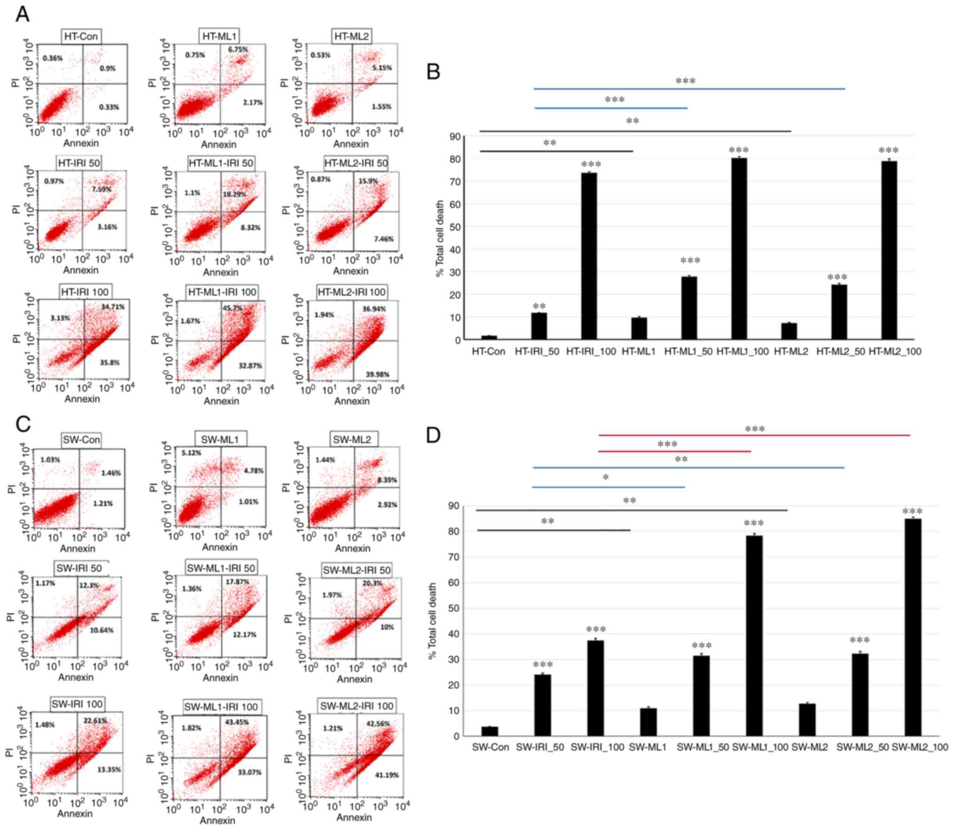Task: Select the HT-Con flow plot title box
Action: tap(81, 36)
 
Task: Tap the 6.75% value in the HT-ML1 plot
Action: tap(238, 49)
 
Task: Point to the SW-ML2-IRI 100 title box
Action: tap(357, 706)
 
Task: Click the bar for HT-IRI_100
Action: tap(589, 256)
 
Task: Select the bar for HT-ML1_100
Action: tap(739, 248)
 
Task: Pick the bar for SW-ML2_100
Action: tap(913, 627)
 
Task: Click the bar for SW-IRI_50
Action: tap(542, 705)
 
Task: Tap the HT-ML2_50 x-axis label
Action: tap(840, 351)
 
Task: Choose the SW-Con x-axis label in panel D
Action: tap(490, 747)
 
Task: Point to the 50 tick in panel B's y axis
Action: tap(454, 227)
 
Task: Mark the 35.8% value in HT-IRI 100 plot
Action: tap(109, 363)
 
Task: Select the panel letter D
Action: tap(433, 435)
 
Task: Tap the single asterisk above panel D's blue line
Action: tap(606, 478)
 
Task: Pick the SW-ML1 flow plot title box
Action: tap(220, 440)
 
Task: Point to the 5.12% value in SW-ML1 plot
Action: tap(191, 453)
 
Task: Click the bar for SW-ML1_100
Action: tap(754, 636)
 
